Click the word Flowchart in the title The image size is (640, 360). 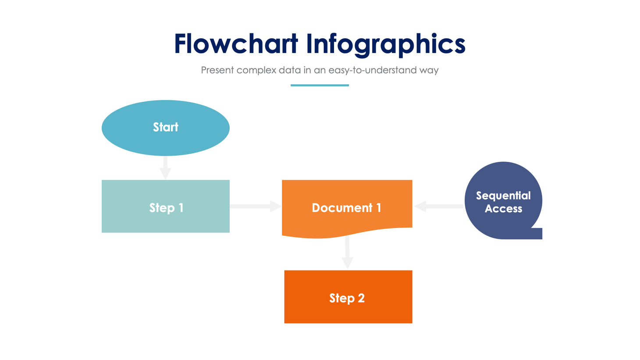coord(236,44)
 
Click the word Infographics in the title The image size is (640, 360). coord(386,45)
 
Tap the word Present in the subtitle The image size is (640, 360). coord(217,70)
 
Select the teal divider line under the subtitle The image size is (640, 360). coord(320,85)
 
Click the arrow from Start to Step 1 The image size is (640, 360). coord(165,168)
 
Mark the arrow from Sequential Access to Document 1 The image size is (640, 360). coord(438,206)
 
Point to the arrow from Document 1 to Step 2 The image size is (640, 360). coord(347,253)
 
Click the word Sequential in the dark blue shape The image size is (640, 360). coord(503,196)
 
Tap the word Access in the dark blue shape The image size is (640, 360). coord(503,209)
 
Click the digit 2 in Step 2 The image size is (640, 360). coord(361,298)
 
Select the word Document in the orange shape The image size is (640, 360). coord(342,208)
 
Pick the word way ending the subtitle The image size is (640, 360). coord(429,71)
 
